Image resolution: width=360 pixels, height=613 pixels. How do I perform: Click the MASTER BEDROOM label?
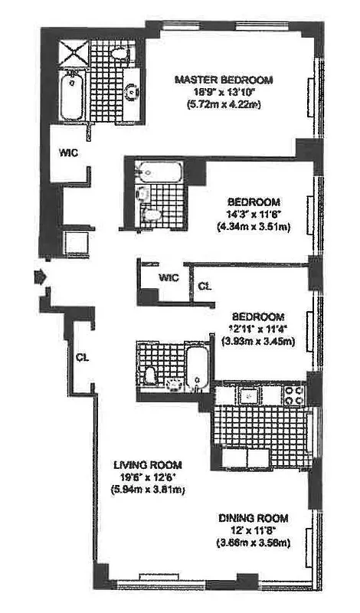(223, 80)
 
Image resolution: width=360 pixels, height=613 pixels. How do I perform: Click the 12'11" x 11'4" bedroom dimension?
(256, 329)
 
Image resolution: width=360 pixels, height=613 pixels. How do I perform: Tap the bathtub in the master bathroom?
(72, 95)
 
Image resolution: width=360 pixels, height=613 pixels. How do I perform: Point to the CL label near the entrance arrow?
(83, 357)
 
